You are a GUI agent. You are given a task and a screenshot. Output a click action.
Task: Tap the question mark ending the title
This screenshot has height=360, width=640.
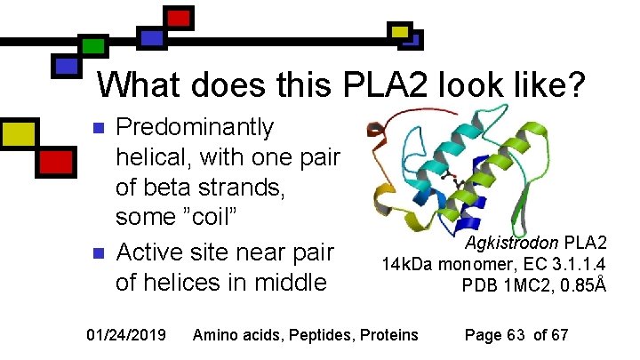576,85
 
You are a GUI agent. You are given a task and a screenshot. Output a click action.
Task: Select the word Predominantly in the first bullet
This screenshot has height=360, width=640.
196,128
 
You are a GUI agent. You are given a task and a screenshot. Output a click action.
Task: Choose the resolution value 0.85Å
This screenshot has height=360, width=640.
585,285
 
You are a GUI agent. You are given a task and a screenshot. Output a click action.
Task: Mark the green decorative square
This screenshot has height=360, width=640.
91,45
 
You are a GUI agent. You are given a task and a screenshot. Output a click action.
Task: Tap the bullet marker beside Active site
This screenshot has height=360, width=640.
100,252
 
